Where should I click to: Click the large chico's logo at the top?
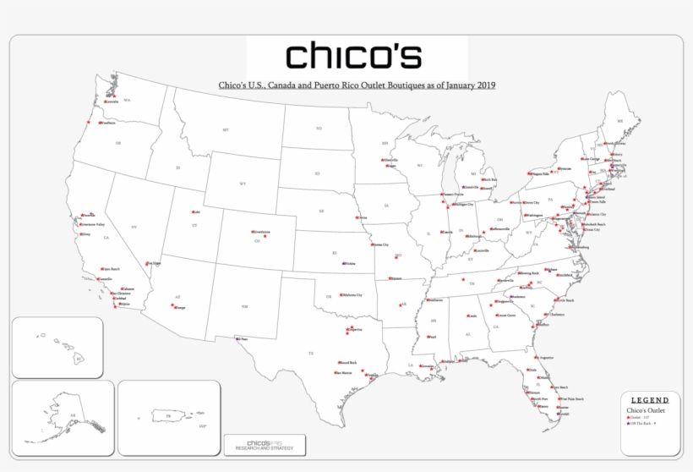click(353, 55)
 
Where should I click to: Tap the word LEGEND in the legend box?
click(650, 400)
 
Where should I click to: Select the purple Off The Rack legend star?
click(628, 424)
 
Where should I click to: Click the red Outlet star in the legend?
click(628, 418)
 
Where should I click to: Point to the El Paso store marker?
click(237, 339)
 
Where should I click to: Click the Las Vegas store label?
click(153, 263)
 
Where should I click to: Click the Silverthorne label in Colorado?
click(261, 231)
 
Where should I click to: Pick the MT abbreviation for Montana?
click(226, 130)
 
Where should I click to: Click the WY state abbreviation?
click(243, 184)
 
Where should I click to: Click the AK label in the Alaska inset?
click(73, 415)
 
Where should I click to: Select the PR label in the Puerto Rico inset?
click(168, 416)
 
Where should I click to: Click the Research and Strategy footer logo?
click(265, 444)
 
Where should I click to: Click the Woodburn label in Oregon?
click(107, 123)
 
